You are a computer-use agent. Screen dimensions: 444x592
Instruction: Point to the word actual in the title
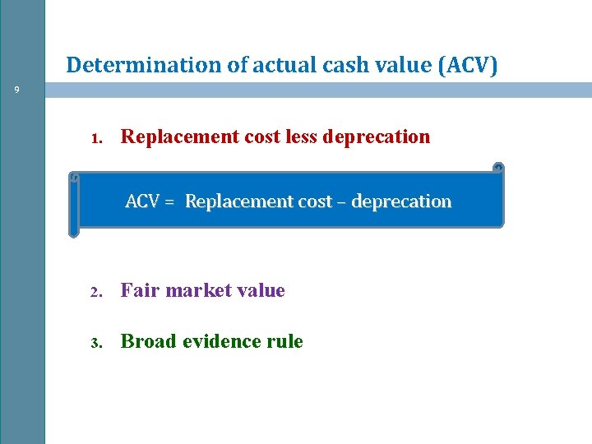pos(288,65)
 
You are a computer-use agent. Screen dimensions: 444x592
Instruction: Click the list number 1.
pos(96,138)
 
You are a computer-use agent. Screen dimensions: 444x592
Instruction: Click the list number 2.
pos(96,292)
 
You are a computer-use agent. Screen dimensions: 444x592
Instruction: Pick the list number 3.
pos(96,343)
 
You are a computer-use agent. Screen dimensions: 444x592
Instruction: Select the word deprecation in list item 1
pos(377,136)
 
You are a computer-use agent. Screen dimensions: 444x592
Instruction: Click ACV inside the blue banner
pos(141,201)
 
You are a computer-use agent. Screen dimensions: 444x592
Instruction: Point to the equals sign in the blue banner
pos(169,201)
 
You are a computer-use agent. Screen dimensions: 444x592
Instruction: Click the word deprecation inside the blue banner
pos(401,201)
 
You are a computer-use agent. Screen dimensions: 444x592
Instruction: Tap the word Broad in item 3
pos(147,341)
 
